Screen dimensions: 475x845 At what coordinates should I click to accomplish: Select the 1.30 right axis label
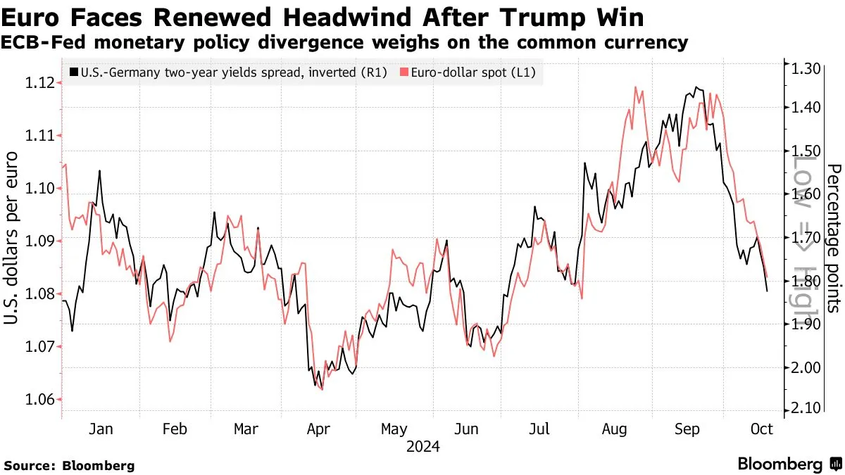click(806, 69)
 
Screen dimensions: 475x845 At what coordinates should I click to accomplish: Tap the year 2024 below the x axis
click(423, 447)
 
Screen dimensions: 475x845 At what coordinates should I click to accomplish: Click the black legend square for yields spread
click(74, 72)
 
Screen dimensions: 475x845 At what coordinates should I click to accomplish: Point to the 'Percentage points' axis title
click(833, 238)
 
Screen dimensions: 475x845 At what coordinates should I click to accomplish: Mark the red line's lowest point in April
click(322, 389)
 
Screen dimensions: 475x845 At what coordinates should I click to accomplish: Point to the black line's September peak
click(696, 87)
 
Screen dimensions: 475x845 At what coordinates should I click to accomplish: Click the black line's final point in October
click(767, 291)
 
